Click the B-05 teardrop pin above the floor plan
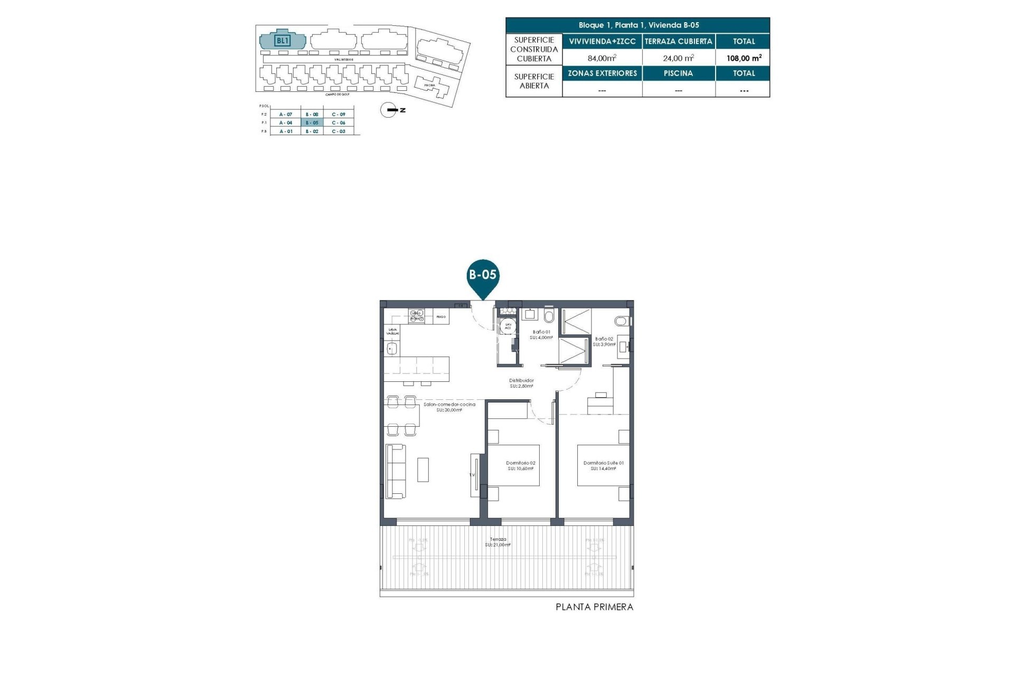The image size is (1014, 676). click(483, 276)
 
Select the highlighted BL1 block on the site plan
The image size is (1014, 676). click(283, 41)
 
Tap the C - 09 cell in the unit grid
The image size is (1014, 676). click(339, 114)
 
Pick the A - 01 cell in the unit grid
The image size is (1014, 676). click(286, 131)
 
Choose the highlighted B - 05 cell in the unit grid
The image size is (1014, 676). click(312, 123)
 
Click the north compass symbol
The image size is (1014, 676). click(389, 110)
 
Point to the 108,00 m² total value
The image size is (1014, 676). click(744, 58)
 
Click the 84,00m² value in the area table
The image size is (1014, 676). click(602, 58)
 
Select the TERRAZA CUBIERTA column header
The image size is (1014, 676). click(678, 41)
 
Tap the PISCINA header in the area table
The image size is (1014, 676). click(678, 73)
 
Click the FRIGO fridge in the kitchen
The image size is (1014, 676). click(441, 317)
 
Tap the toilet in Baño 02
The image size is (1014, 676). click(621, 321)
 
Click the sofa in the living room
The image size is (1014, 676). click(396, 471)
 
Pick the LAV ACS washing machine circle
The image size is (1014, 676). click(508, 326)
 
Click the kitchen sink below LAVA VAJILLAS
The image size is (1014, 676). click(392, 349)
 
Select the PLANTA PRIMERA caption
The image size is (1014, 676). click(594, 607)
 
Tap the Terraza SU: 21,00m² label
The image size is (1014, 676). click(498, 542)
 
